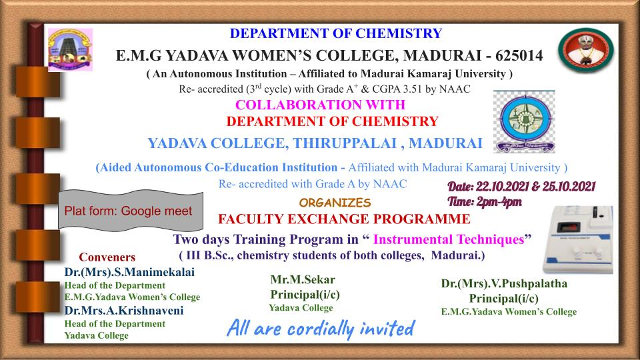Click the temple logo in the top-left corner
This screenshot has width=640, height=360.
70,50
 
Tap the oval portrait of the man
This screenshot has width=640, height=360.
586,50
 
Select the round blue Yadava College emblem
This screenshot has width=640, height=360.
524,121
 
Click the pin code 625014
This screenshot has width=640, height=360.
519,55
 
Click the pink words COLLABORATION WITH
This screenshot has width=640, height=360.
320,105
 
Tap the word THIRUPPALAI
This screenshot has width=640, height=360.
345,143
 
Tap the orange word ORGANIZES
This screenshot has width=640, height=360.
335,203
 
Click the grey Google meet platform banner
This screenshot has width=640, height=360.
131,210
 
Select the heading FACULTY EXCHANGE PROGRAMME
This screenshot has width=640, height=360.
344,219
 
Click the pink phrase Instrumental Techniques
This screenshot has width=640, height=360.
449,239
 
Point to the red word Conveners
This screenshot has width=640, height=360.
107,257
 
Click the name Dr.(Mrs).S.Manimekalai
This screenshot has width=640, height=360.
129,272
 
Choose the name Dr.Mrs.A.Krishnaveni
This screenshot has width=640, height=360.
124,311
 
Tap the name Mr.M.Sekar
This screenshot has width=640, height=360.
303,279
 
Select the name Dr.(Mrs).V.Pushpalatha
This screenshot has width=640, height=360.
504,284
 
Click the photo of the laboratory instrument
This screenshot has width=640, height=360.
577,239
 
